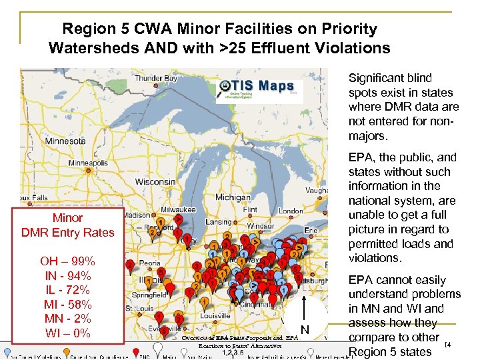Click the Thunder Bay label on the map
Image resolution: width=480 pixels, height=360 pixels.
pyautogui.click(x=157, y=78)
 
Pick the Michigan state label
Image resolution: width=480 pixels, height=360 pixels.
pyautogui.click(x=232, y=198)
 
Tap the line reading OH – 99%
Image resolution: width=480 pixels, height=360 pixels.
pyautogui.click(x=67, y=261)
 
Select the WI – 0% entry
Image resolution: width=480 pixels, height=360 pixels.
pyautogui.click(x=67, y=333)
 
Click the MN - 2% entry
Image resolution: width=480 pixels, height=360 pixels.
pyautogui.click(x=67, y=318)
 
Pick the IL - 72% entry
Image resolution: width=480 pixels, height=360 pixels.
pyautogui.click(x=67, y=289)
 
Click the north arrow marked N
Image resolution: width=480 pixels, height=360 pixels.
pyautogui.click(x=305, y=321)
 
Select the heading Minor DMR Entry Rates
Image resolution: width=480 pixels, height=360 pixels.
pyautogui.click(x=67, y=225)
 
